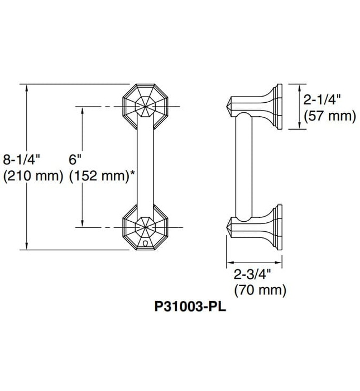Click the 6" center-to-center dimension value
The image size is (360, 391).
pyautogui.click(x=75, y=159)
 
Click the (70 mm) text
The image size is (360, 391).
pyautogui.click(x=260, y=290)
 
